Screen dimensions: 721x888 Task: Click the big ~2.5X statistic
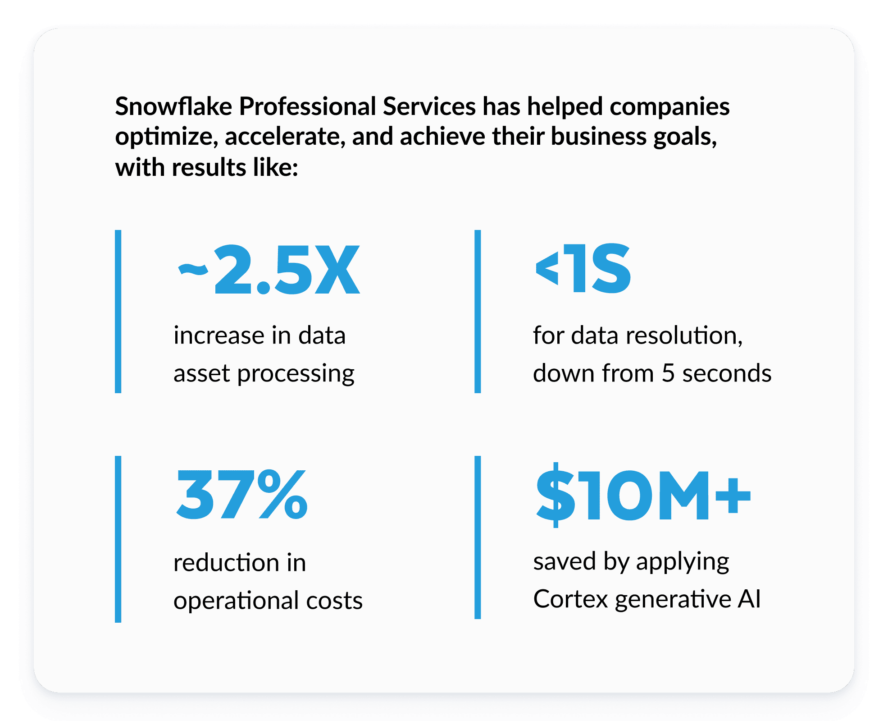click(x=269, y=270)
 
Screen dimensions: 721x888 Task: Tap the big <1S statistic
click(x=583, y=269)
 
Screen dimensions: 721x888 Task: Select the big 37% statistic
click(x=242, y=495)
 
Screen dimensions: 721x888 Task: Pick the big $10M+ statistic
click(x=643, y=495)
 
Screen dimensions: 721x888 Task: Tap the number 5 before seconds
click(x=668, y=374)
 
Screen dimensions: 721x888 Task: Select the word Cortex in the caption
click(x=570, y=599)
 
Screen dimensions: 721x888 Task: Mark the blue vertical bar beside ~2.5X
click(x=118, y=311)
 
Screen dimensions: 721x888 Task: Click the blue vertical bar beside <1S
click(x=478, y=311)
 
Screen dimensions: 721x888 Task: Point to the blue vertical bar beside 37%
click(x=118, y=539)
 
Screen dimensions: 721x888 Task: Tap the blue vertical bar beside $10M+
click(x=478, y=537)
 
